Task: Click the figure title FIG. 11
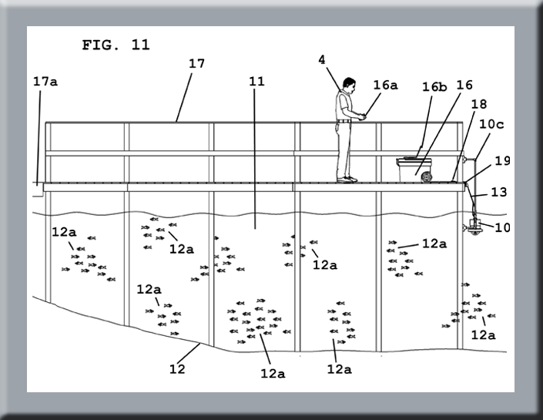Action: tap(116, 45)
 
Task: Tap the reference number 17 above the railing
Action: tap(196, 64)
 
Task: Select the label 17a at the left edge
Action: tap(45, 82)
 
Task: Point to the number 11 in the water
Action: tap(255, 80)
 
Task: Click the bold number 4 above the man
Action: tap(322, 59)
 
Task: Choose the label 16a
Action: tap(385, 86)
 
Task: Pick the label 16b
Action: tap(434, 86)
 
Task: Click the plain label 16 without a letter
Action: tap(464, 86)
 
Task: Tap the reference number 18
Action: tap(479, 104)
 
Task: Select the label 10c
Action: tap(493, 123)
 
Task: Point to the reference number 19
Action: tap(502, 161)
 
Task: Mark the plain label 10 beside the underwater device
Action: tap(502, 227)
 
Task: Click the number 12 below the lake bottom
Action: tap(177, 368)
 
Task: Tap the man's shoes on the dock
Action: tap(347, 180)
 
